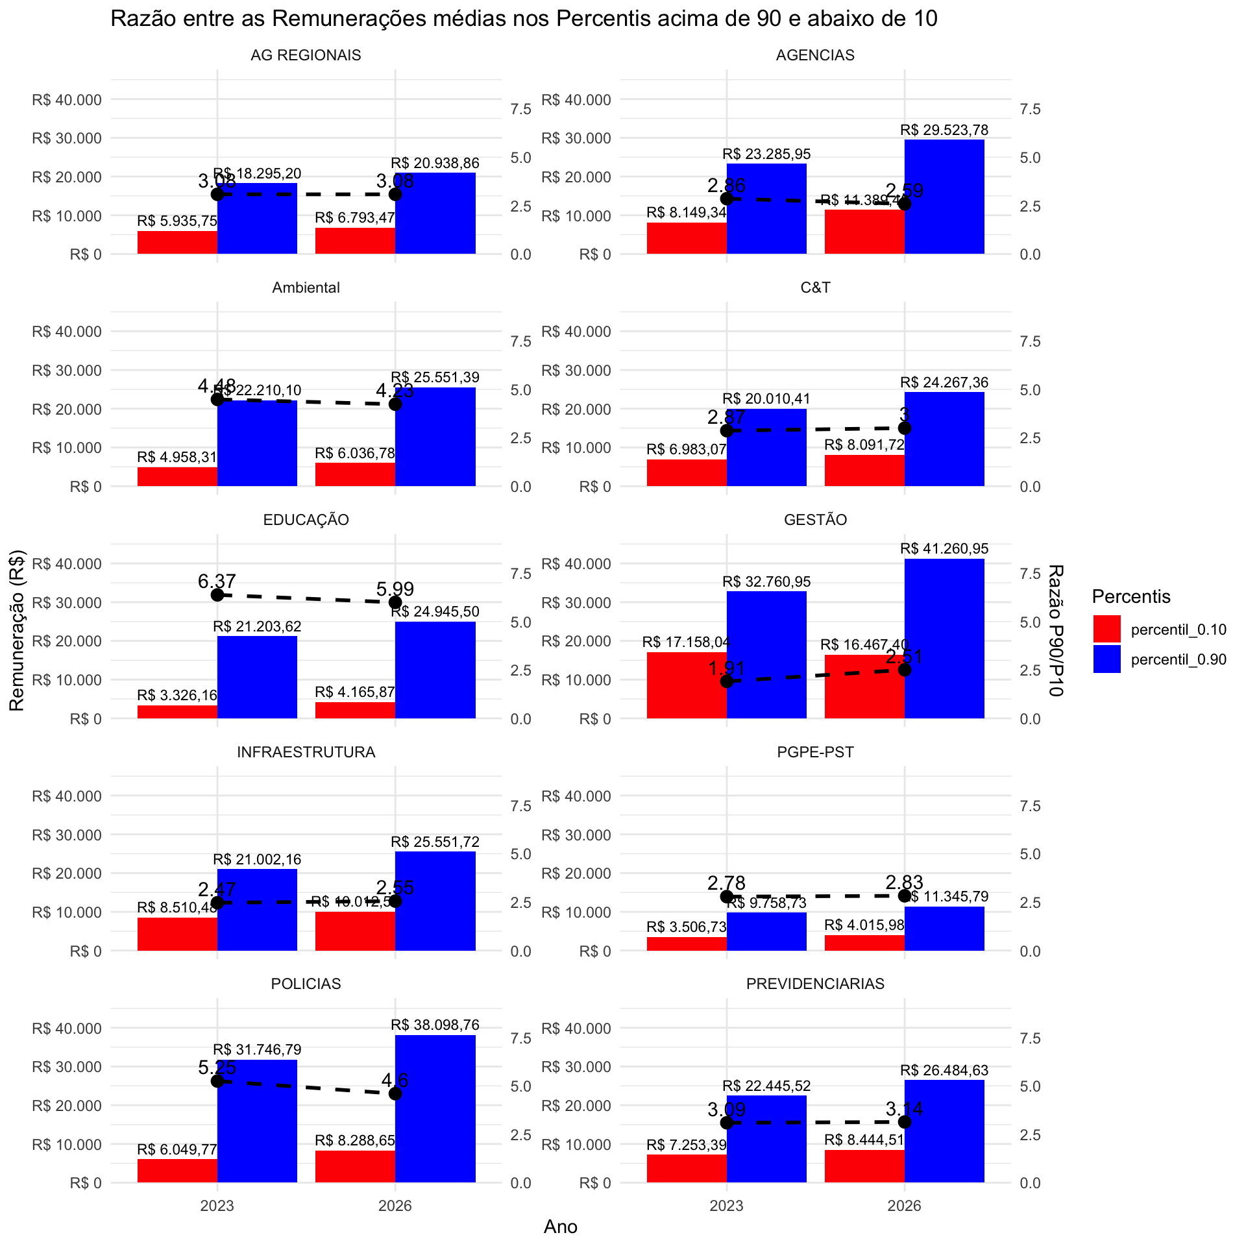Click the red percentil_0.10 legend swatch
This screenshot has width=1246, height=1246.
click(x=1106, y=629)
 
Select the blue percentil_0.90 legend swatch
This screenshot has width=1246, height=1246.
click(x=1106, y=659)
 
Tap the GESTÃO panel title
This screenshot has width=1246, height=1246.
click(x=815, y=520)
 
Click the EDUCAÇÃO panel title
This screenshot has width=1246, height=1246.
click(x=306, y=520)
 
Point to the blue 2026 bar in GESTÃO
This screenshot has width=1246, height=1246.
click(x=944, y=639)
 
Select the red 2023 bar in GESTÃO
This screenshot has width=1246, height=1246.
click(x=687, y=685)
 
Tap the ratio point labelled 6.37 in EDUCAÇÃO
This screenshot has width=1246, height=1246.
click(x=217, y=595)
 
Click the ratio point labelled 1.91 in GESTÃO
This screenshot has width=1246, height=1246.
click(x=727, y=681)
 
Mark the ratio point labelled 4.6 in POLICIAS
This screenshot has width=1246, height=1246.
click(x=395, y=1093)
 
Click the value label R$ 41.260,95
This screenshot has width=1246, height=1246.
click(x=944, y=549)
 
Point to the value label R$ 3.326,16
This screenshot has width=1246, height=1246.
click(x=177, y=696)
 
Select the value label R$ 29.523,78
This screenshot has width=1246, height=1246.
click(x=944, y=130)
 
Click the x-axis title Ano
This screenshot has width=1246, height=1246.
click(x=561, y=1227)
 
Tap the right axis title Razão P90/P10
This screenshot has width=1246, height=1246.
click(x=1056, y=630)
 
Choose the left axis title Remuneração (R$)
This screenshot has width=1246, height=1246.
click(x=18, y=630)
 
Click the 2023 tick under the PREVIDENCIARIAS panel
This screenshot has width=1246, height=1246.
click(x=726, y=1206)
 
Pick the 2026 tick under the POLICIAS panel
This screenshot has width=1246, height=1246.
click(x=395, y=1206)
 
